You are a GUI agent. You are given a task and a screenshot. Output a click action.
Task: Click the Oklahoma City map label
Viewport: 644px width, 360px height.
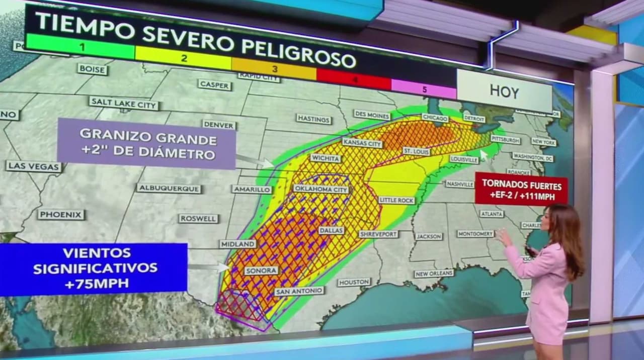point(320,189)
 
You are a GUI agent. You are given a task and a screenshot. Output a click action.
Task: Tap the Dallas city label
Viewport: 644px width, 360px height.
point(331,230)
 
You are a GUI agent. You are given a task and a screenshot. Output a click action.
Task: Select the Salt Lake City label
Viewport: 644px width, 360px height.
point(124,104)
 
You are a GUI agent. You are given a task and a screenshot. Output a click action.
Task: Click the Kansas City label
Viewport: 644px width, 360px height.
point(362,143)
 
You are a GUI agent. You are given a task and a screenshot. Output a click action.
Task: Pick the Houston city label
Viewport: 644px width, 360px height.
point(354,282)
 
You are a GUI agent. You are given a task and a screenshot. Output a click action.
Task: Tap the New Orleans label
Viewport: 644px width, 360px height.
point(434,274)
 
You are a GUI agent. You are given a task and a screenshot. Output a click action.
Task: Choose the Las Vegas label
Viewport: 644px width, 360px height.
point(34,166)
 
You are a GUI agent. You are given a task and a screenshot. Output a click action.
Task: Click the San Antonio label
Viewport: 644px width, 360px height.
point(299,291)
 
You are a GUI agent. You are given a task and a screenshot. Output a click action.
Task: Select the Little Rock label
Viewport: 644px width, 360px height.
point(396,200)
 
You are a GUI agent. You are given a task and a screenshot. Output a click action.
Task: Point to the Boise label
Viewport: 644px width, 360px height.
point(93,69)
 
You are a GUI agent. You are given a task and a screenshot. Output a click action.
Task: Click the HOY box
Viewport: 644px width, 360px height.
point(504,91)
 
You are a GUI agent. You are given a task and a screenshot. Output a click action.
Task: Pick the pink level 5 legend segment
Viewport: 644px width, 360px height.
point(424,89)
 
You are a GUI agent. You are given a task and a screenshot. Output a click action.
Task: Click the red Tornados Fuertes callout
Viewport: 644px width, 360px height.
point(521,190)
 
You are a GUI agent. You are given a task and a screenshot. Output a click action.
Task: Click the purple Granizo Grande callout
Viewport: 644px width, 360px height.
point(147,144)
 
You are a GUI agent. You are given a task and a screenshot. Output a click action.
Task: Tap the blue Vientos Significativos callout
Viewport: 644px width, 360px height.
point(95,268)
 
